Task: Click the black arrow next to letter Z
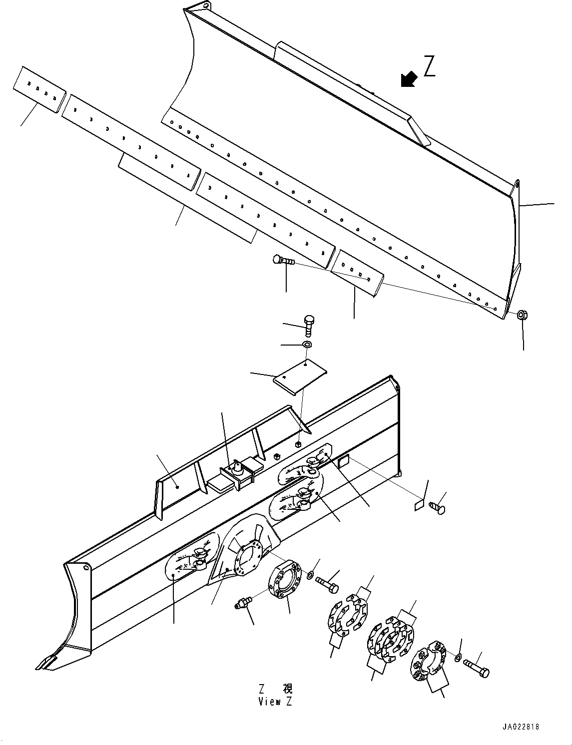409,79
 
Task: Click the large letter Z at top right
429,66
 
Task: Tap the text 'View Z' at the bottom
275,702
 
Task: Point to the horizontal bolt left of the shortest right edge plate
283,260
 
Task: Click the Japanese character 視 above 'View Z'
288,690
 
